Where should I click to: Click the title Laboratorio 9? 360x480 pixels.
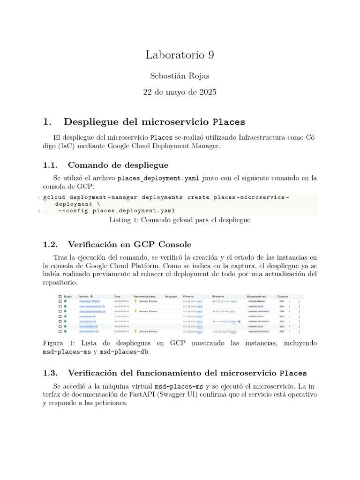click(x=180, y=55)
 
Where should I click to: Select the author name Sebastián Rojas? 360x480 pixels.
click(x=180, y=75)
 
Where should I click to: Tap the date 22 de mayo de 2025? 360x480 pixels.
click(x=180, y=92)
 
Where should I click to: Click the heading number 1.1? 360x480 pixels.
click(x=50, y=165)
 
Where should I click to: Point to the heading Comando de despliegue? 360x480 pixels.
click(x=118, y=165)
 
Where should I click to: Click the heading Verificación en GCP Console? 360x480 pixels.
click(x=129, y=244)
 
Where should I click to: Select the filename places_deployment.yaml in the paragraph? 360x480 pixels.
click(x=158, y=178)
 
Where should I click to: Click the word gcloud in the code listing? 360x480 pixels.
click(x=55, y=197)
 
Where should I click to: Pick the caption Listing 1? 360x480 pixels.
click(x=124, y=219)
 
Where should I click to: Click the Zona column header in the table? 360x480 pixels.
click(x=117, y=296)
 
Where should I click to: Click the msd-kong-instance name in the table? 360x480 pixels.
click(x=90, y=301)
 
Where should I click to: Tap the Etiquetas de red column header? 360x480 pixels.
click(x=256, y=296)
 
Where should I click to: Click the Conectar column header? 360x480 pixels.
click(x=283, y=296)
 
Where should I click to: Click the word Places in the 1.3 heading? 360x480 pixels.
click(x=293, y=373)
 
